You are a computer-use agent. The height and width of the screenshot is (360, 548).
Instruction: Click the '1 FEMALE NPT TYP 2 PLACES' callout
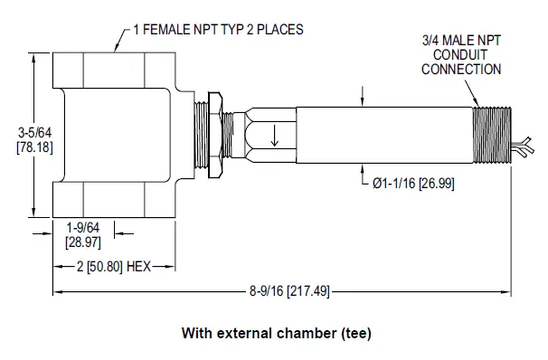[x=217, y=29]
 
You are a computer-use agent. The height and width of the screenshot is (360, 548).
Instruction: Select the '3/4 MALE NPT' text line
[x=459, y=41]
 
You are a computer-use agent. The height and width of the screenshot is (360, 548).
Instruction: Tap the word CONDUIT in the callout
[x=460, y=54]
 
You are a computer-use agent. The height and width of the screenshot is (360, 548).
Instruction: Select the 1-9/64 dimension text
[x=82, y=230]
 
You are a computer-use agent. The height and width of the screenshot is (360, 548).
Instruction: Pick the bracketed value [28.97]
[x=82, y=243]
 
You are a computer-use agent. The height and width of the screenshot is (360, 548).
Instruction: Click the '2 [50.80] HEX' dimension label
[x=114, y=268]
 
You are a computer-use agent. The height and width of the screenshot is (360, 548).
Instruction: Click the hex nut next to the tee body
[x=214, y=130]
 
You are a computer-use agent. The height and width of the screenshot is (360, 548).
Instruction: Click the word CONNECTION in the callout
[x=460, y=68]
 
